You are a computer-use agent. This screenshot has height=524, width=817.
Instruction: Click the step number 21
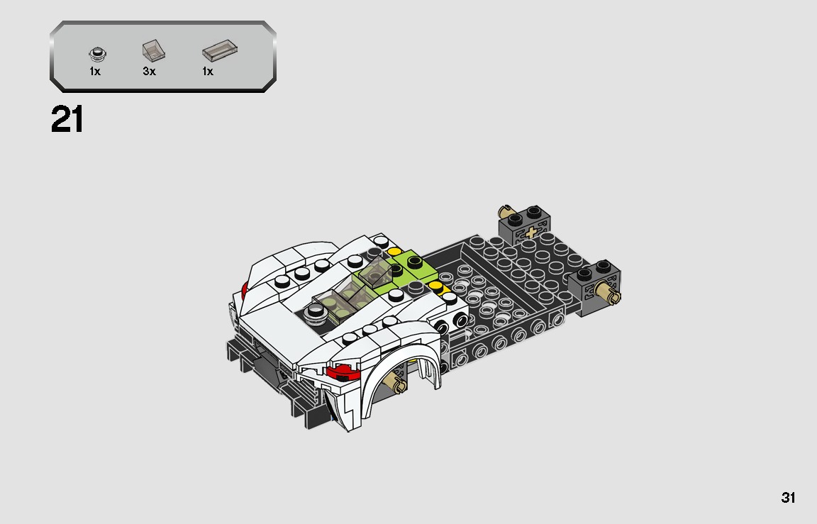[67, 120]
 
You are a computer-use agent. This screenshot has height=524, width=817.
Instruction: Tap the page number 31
[788, 498]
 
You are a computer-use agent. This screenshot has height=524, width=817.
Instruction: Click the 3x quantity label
[149, 72]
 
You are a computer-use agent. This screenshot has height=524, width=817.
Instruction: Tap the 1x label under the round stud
[95, 72]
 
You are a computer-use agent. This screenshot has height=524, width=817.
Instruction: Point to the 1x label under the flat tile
[208, 72]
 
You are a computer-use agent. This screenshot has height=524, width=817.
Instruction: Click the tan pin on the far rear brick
[505, 211]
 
